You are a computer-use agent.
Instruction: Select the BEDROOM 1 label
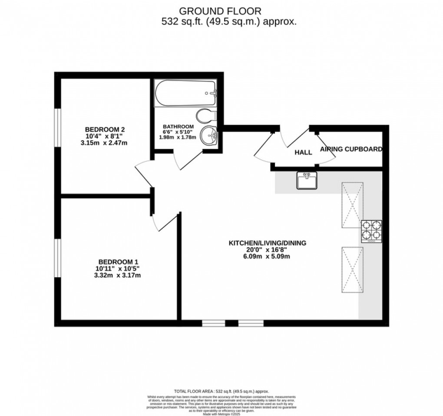point(118,262)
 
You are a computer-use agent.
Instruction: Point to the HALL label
point(303,153)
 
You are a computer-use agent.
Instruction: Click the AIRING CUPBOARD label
point(351,149)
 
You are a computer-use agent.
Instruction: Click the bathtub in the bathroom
point(186,93)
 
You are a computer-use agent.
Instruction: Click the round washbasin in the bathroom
point(210,136)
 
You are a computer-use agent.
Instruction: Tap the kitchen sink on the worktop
point(307,180)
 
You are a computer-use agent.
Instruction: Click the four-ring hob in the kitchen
point(371,231)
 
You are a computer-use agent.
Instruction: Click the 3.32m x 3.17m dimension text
point(118,275)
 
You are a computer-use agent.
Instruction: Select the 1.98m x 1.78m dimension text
point(178,137)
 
